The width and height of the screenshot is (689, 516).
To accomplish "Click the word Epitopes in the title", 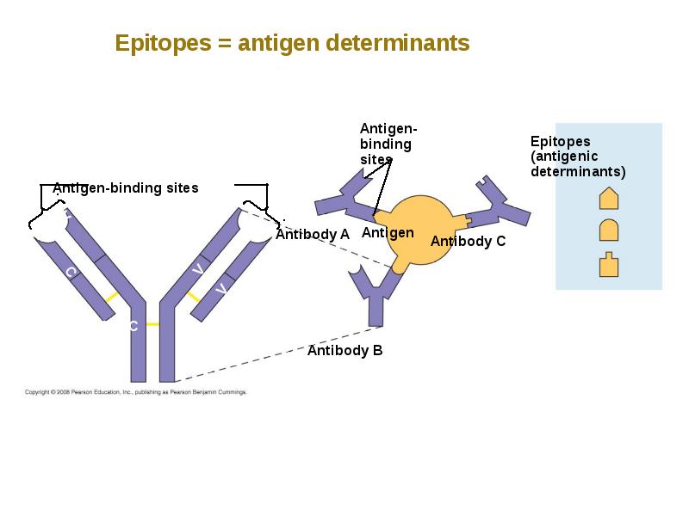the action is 163,44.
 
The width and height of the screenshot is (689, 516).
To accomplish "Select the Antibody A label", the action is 313,234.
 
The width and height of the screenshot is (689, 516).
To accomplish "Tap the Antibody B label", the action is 345,350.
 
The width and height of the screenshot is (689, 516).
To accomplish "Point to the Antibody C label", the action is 468,241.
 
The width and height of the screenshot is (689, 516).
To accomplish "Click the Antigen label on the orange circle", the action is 388,232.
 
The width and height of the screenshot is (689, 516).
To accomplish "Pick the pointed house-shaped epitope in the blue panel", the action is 609,198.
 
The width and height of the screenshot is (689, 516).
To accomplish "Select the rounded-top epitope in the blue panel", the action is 609,230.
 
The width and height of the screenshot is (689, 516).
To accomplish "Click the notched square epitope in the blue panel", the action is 609,265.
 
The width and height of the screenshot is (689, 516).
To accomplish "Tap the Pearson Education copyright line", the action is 136,392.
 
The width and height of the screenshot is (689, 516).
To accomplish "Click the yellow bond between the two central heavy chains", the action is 152,324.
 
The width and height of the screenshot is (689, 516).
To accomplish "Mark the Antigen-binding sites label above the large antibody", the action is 126,188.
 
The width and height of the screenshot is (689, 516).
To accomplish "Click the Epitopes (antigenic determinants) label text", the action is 578,157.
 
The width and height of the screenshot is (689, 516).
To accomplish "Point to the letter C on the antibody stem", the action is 133,326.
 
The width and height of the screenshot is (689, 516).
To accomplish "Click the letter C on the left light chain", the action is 71,273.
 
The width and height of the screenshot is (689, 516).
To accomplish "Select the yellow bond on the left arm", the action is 112,297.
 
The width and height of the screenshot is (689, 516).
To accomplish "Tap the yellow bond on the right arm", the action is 193,297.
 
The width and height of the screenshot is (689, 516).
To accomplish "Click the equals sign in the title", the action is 224,44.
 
